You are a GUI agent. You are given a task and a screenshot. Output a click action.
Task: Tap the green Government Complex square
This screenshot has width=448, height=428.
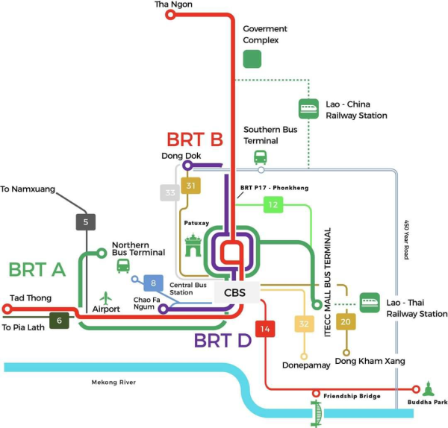[x=252, y=59]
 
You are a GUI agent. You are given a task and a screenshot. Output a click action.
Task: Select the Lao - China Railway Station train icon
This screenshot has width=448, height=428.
[x=308, y=109]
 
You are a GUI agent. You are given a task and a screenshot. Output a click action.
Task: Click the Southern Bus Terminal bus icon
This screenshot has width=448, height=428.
[x=261, y=157]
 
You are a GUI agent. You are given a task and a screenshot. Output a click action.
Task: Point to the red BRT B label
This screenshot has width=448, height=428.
[x=195, y=139]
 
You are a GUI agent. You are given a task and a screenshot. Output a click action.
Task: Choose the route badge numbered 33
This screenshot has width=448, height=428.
[x=170, y=192]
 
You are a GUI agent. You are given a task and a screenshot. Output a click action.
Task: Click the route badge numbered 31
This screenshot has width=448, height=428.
[x=192, y=186]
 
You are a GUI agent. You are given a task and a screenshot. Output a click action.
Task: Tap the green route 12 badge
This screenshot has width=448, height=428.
[x=273, y=204]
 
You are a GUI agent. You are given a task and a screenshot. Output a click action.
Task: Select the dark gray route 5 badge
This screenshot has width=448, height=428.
[x=86, y=221]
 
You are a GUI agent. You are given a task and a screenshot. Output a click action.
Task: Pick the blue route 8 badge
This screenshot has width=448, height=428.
[x=154, y=283]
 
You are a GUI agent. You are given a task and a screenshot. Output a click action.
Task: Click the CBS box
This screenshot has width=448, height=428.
[x=236, y=292]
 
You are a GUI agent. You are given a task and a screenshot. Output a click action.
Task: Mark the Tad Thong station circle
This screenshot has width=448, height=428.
[x=7, y=309]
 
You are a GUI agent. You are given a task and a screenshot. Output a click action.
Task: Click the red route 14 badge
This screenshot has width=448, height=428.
[x=265, y=328]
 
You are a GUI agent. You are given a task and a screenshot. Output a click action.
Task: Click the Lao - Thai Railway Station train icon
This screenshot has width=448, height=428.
[x=370, y=302]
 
